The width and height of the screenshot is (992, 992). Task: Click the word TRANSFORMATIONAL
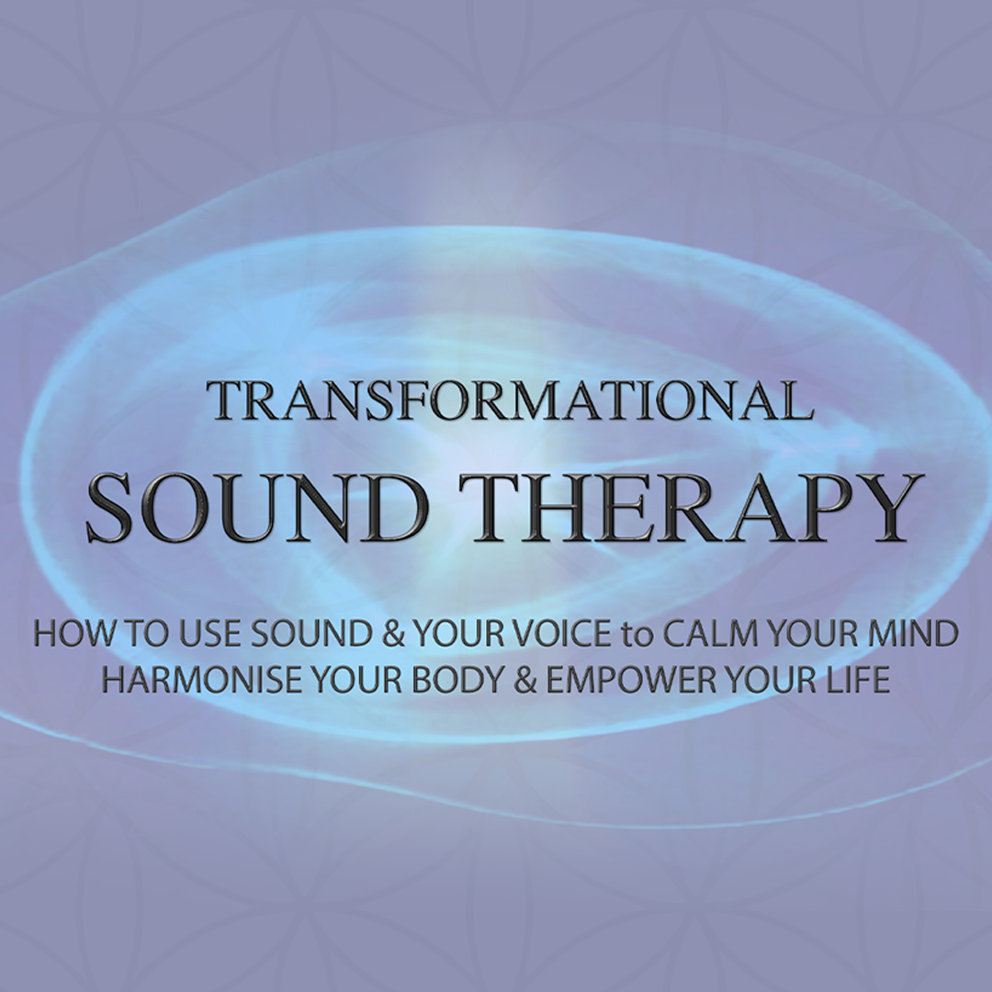pos(510,400)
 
